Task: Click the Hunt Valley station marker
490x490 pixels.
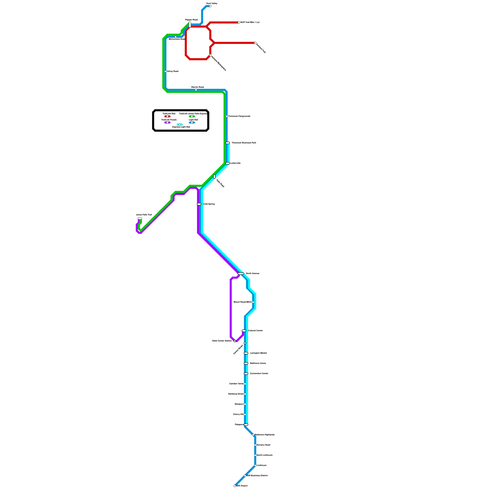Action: [210, 6]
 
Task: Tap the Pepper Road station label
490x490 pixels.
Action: [191, 20]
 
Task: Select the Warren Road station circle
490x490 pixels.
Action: [196, 90]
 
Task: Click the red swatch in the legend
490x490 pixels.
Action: [167, 116]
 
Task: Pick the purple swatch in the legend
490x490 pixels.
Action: [167, 123]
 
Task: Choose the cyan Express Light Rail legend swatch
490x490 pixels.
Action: [180, 125]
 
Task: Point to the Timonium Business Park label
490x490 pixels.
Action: [244, 143]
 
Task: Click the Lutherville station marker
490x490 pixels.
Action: [228, 164]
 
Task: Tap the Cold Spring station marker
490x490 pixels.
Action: [199, 204]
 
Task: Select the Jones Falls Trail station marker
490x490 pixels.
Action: [140, 218]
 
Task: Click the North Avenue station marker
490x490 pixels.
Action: [241, 273]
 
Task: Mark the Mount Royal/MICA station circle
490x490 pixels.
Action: [253, 302]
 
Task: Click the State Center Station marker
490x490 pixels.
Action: [235, 341]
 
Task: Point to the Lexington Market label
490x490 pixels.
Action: [258, 353]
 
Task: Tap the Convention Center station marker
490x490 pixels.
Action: [246, 374]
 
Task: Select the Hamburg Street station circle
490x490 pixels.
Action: [245, 394]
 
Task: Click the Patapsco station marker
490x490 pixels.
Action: [246, 425]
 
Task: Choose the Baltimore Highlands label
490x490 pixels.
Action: [265, 435]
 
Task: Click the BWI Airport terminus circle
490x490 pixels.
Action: [235, 486]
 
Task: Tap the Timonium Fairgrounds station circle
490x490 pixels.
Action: [227, 116]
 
